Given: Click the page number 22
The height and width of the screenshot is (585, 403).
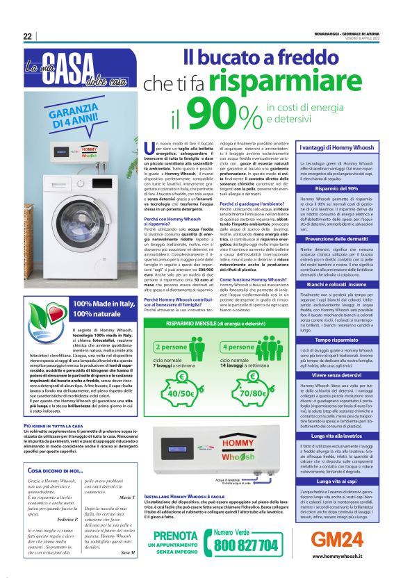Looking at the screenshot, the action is (x=27, y=36).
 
